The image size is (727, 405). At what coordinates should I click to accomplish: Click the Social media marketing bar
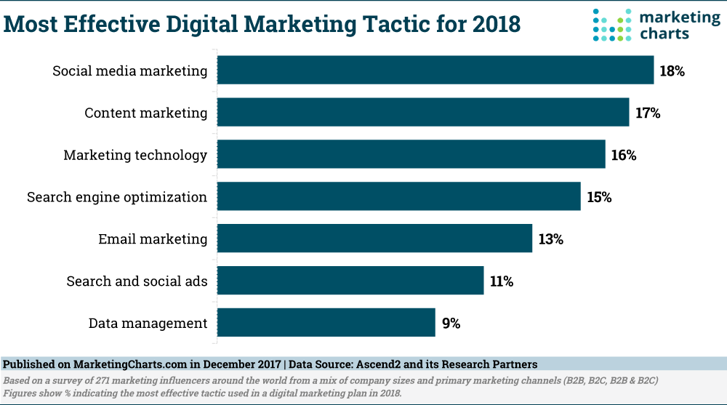pos(435,71)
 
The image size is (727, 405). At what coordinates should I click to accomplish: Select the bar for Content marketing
pos(423,113)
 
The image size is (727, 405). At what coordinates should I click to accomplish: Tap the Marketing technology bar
pos(411,155)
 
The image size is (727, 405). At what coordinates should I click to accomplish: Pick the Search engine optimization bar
pos(399,196)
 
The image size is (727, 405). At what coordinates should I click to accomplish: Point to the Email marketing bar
pos(375,238)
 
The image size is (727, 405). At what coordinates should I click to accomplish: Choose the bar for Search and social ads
pos(350,281)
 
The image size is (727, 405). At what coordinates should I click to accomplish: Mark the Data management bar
pos(326,323)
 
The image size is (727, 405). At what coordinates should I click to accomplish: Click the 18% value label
pos(672,71)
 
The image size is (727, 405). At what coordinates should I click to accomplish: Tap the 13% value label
pos(550,239)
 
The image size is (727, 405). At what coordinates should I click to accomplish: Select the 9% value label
pos(451,324)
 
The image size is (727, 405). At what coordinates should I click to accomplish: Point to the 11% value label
pos(502,281)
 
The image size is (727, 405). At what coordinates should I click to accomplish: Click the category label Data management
pos(148,324)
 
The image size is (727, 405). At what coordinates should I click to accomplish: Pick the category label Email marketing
pos(153,239)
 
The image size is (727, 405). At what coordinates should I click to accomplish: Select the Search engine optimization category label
pos(117,197)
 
